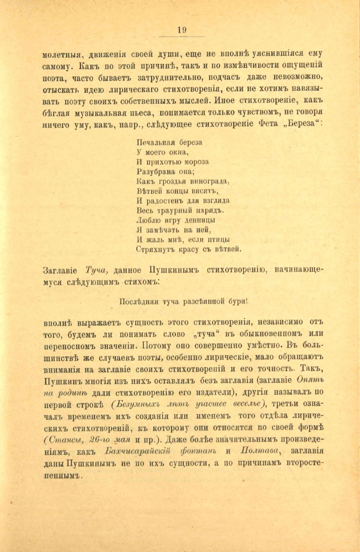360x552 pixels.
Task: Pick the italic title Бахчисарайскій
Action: click(x=139, y=450)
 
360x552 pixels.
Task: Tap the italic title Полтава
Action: click(x=255, y=450)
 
